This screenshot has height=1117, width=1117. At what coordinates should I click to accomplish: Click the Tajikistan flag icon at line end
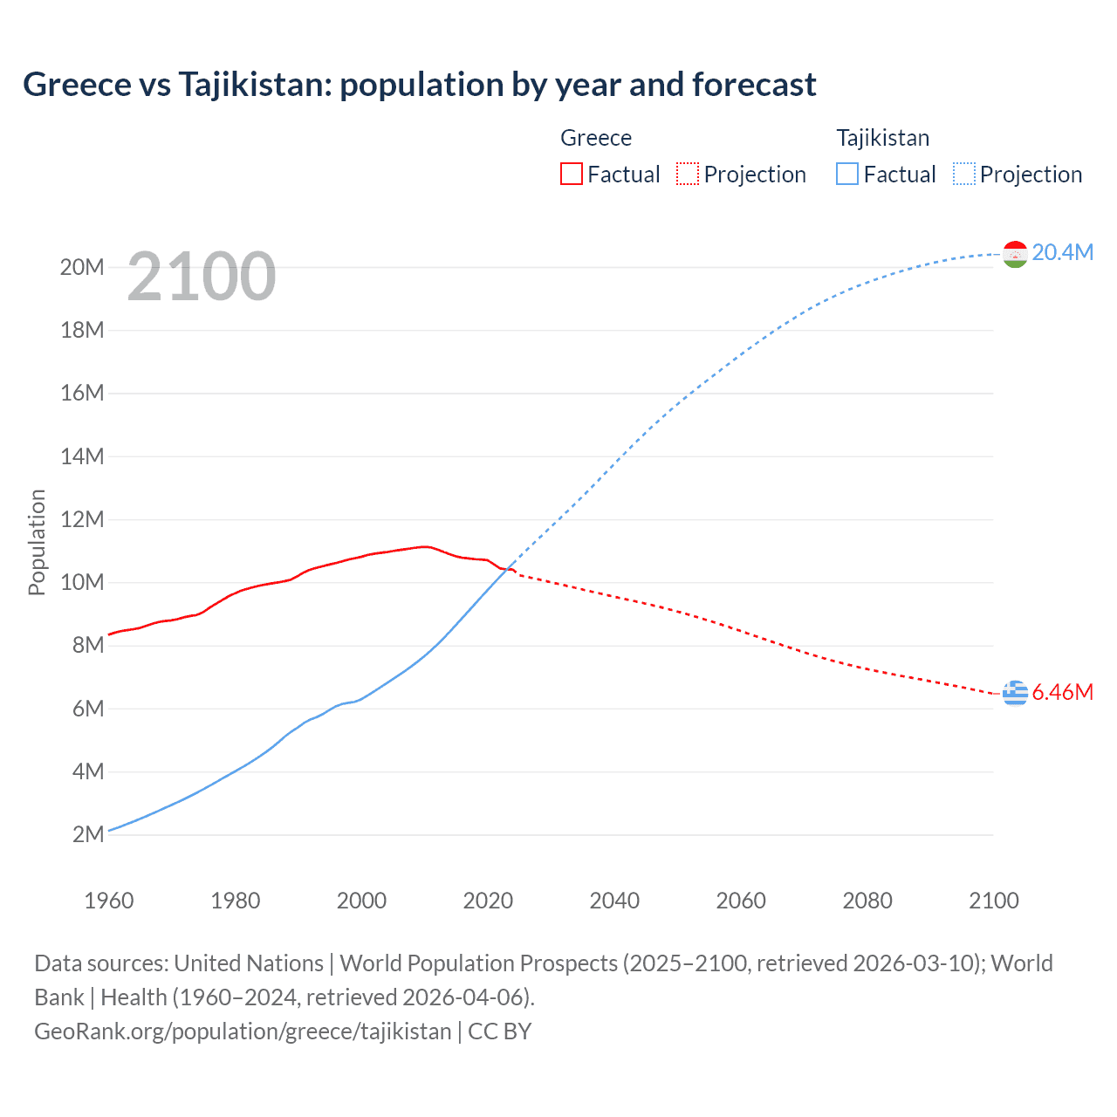tap(1015, 254)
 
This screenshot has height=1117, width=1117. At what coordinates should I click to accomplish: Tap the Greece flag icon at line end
tap(1015, 693)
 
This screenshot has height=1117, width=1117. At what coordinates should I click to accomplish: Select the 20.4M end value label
tap(1062, 252)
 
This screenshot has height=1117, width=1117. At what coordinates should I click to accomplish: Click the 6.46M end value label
tap(1062, 692)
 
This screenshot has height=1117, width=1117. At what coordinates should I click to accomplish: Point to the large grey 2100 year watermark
tap(202, 277)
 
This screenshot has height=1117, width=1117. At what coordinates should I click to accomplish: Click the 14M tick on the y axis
tap(82, 456)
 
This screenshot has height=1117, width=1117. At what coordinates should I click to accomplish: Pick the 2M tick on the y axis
tap(88, 834)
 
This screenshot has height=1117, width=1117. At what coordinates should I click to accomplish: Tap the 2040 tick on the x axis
tap(614, 901)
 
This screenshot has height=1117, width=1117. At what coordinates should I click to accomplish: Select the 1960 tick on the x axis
tap(109, 901)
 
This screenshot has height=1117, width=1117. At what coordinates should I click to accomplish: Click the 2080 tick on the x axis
tap(867, 901)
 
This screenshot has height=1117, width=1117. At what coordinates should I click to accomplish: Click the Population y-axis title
tap(37, 542)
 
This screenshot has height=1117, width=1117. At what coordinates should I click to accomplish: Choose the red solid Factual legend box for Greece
tap(571, 174)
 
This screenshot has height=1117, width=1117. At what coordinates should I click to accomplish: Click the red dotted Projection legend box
tap(688, 174)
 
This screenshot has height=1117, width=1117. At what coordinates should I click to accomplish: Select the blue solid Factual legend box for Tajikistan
tap(846, 174)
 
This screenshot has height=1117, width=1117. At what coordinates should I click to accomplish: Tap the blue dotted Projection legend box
tap(963, 174)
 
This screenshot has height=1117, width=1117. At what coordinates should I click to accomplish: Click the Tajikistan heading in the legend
tap(882, 138)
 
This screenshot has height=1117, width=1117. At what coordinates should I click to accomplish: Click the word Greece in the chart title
tap(77, 85)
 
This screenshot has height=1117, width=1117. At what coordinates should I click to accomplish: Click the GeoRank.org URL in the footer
tap(243, 1031)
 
